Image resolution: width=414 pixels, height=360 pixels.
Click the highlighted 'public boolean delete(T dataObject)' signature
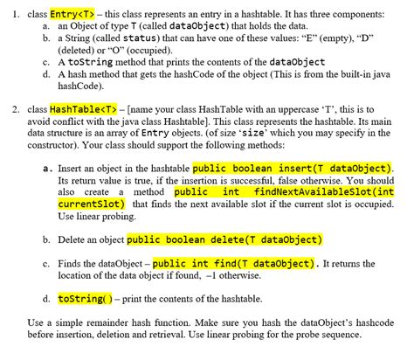click(224, 238)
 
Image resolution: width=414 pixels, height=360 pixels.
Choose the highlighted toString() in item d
click(84, 298)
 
